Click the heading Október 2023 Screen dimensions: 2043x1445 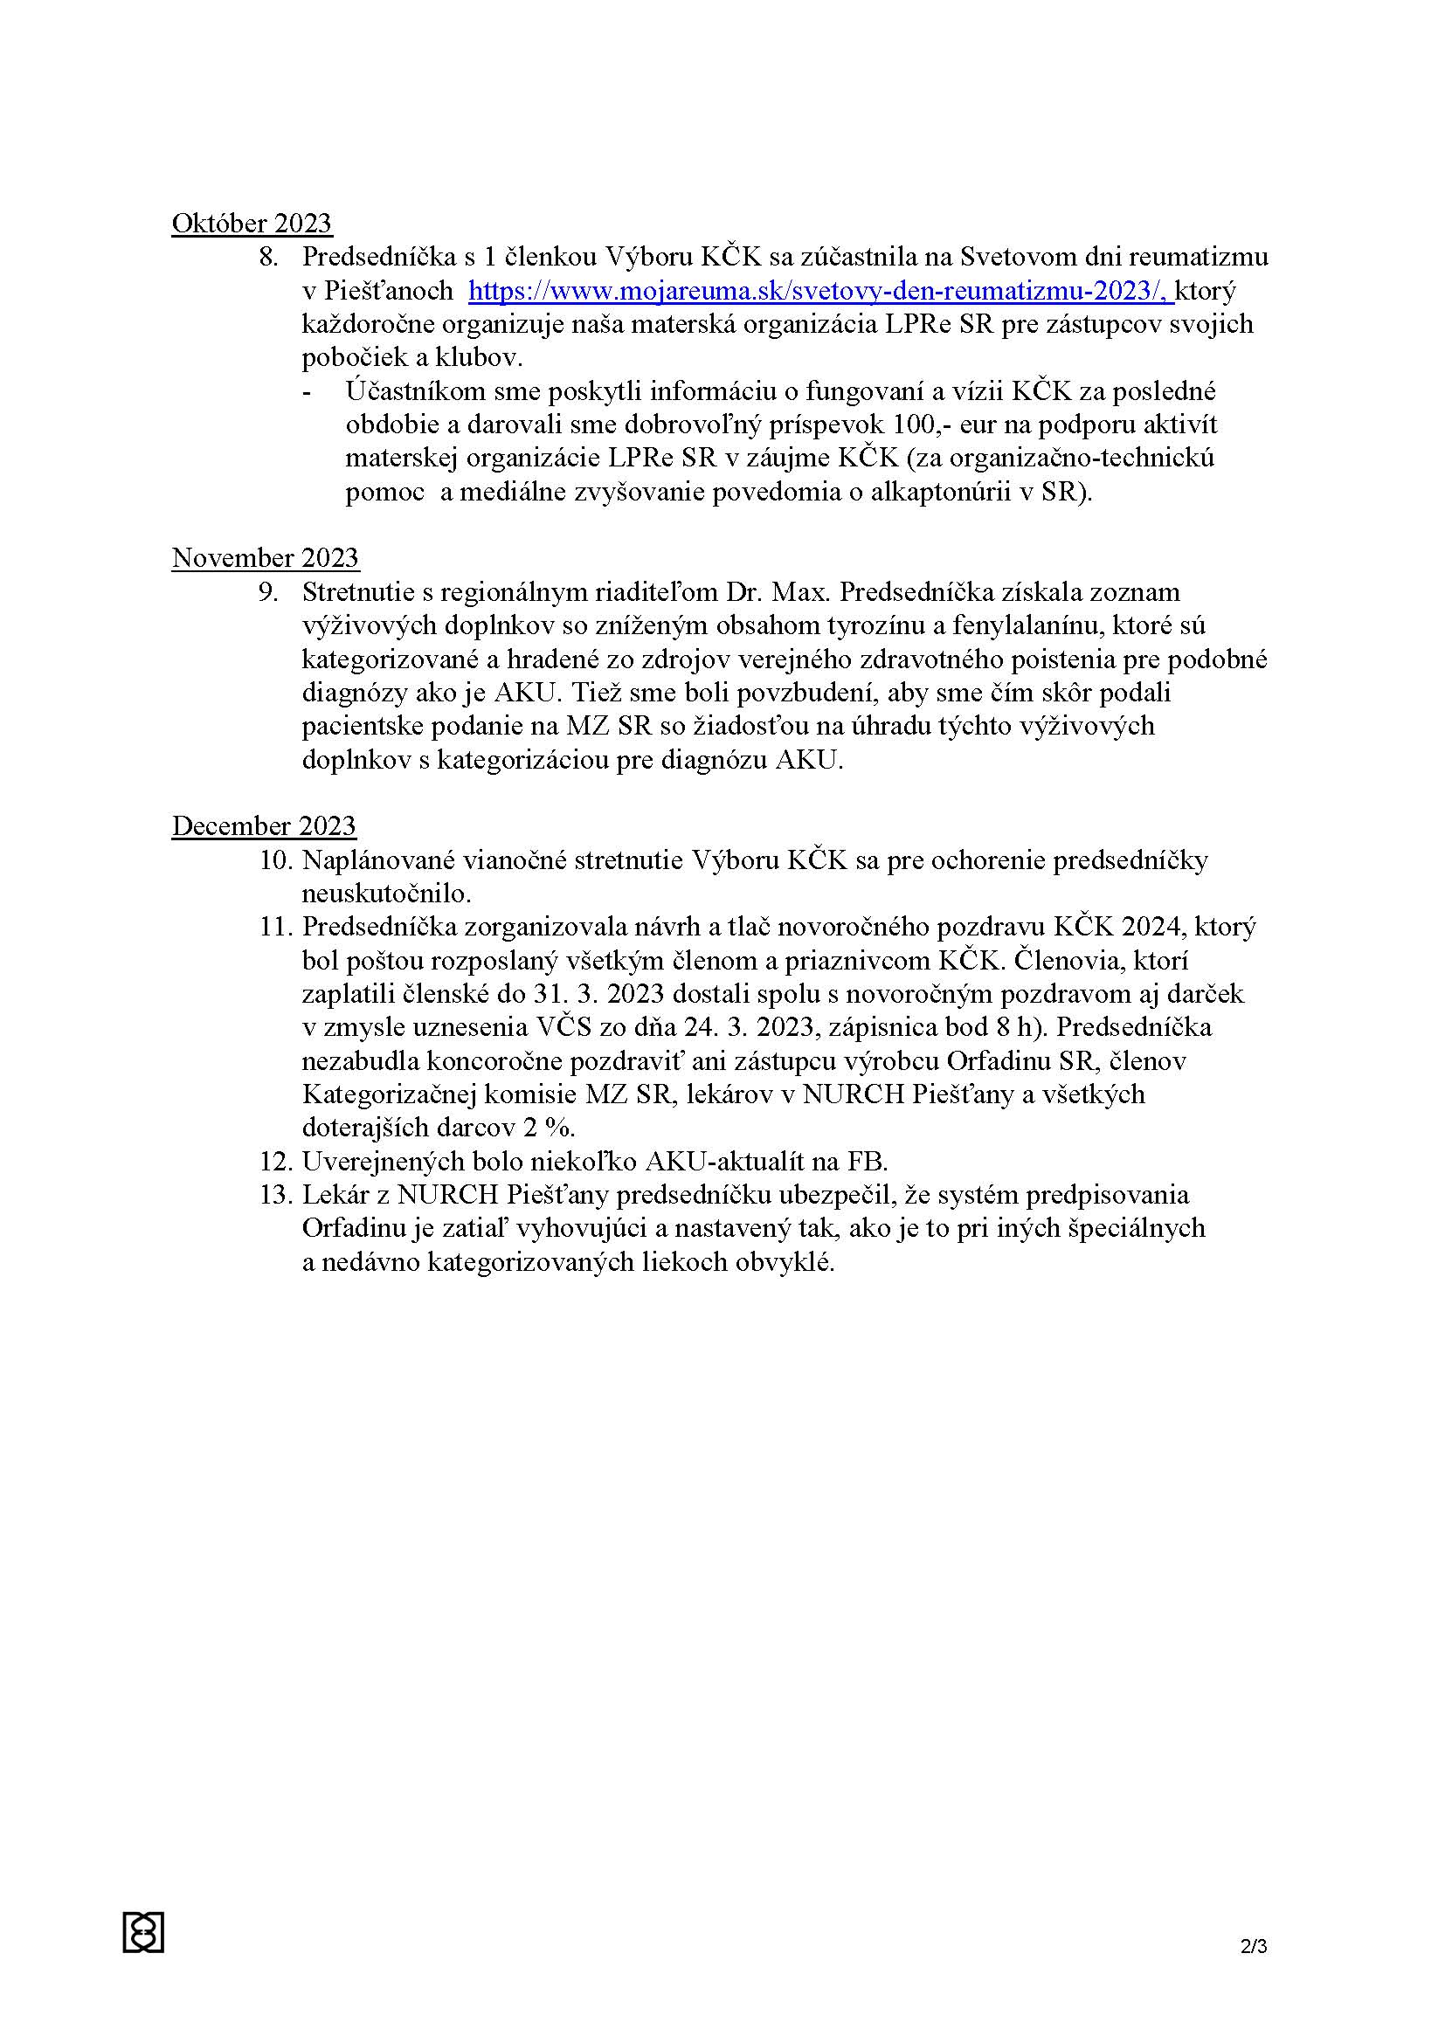click(251, 224)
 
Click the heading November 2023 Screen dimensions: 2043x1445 click(266, 558)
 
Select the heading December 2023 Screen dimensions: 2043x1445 click(263, 825)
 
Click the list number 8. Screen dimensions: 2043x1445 click(268, 257)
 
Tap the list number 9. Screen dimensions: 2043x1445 click(268, 591)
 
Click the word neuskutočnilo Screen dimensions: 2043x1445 click(385, 894)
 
